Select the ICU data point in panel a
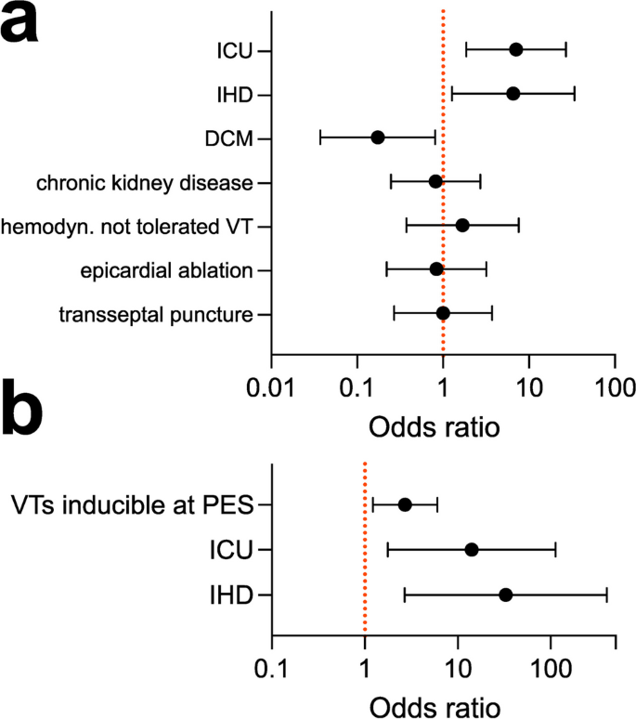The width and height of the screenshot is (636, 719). (x=516, y=49)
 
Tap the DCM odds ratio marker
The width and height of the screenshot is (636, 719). (x=378, y=137)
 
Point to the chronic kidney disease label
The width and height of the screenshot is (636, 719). (x=144, y=182)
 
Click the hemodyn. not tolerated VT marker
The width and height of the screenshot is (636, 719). (x=462, y=226)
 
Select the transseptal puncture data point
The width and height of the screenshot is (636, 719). (x=443, y=314)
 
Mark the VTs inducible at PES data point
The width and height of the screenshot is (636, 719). (x=405, y=504)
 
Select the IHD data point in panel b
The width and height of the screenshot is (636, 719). (x=505, y=595)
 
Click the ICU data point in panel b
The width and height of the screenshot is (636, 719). (x=472, y=550)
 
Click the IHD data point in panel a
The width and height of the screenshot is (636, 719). (x=513, y=94)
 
